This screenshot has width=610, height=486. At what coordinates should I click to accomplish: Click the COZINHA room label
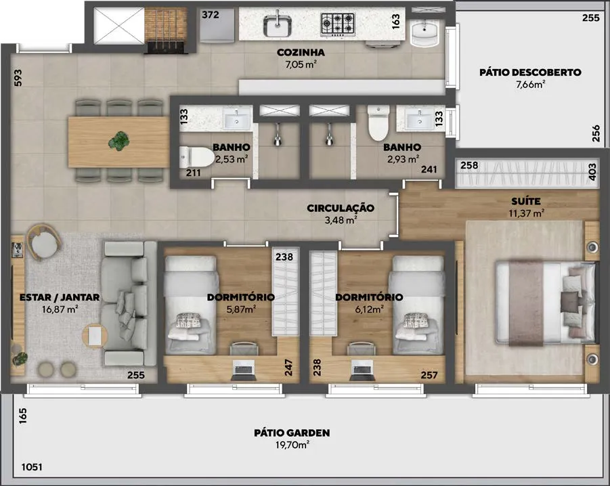(301, 52)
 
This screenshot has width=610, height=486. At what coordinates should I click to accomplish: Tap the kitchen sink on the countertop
(278, 25)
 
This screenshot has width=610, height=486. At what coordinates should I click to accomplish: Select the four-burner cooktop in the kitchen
(338, 24)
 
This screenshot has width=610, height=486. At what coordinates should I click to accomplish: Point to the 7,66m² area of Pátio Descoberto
(530, 84)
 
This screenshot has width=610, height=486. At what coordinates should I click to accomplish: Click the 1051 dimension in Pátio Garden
(32, 466)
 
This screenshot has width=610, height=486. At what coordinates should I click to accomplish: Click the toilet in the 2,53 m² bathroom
(197, 158)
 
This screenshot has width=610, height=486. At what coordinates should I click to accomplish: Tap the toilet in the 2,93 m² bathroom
(378, 123)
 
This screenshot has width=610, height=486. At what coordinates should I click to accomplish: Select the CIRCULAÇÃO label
(341, 208)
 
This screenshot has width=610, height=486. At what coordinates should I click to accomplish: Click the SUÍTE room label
(526, 201)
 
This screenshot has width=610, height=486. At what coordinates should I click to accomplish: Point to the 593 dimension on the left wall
(18, 78)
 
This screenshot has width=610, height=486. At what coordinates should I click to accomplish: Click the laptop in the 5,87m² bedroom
(244, 370)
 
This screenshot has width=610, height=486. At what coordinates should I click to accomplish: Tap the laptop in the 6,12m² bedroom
(363, 370)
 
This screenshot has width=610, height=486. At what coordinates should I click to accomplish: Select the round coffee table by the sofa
(95, 336)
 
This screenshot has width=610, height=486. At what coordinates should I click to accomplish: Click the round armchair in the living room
(43, 242)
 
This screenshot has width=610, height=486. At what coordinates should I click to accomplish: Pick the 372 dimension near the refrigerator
(210, 15)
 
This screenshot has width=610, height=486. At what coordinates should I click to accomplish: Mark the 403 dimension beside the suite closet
(592, 171)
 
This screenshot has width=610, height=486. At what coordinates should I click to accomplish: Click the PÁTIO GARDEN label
(292, 433)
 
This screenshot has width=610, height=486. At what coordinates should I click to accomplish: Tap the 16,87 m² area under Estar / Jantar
(60, 309)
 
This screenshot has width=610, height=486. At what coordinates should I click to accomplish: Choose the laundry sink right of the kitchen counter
(424, 33)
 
